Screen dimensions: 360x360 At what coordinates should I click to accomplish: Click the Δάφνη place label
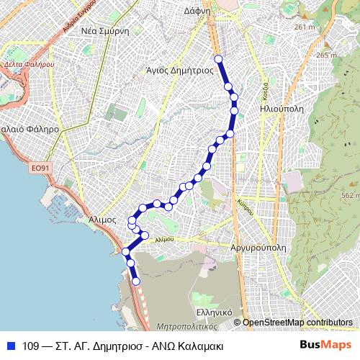click(216, 12)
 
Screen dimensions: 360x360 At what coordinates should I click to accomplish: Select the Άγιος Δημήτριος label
click(179, 71)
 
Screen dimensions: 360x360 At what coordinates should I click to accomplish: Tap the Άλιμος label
click(102, 220)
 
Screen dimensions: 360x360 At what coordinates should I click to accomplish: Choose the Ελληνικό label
click(213, 313)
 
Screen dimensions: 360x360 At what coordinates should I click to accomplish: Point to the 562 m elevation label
click(350, 195)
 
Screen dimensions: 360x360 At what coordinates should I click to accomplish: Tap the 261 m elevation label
click(305, 27)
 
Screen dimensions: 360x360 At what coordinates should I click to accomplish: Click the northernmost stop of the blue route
click(218, 59)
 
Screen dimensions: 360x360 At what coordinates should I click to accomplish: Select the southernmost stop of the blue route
click(136, 282)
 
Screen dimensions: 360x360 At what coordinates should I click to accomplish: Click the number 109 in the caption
click(31, 346)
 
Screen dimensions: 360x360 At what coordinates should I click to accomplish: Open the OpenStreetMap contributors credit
click(297, 323)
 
